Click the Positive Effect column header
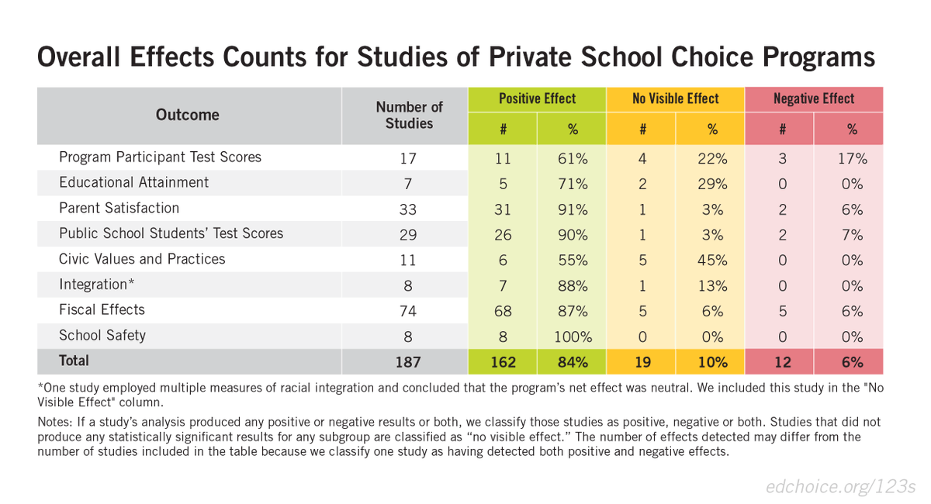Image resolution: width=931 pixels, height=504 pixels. pos(537,98)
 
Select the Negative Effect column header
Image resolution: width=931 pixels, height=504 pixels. pos(813,98)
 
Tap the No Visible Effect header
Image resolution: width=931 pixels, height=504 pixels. pos(675,98)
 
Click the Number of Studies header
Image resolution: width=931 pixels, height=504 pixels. pos(409,115)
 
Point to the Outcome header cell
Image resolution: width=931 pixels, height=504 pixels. pos(188,115)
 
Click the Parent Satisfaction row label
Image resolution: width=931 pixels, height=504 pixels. pos(119,208)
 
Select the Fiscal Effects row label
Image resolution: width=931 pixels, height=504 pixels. pos(102,309)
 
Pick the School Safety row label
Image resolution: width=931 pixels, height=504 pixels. pos(102,335)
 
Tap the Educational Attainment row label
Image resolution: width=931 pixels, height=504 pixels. pos(133,182)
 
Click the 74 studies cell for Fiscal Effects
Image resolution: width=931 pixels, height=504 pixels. pos(409,311)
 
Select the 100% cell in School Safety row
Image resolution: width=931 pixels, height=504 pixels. pos(573,337)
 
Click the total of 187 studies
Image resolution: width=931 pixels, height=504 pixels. pos(409,361)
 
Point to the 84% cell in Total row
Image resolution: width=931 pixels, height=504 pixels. pos(573,361)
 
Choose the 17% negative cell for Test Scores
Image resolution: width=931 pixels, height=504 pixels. pos(851,158)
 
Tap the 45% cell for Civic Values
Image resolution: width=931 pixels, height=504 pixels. pos(712,261)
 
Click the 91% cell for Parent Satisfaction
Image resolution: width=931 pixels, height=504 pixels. pos(573,209)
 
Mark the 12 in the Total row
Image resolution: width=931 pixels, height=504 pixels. pos(782,361)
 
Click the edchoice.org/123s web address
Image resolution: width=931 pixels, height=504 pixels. pos(840,486)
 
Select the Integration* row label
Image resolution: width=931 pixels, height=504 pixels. pos(97,284)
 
